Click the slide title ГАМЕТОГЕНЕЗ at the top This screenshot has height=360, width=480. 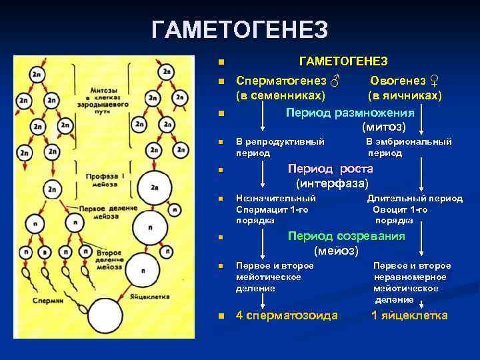239,30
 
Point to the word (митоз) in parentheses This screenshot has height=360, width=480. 384,126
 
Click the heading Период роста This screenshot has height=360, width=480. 330,169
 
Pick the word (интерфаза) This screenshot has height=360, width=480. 332,183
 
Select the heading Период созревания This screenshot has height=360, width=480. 345,236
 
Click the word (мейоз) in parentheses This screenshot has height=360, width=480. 336,251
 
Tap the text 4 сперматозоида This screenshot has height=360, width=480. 287,315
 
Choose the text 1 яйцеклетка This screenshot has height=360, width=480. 409,315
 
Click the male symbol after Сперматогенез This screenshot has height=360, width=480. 335,81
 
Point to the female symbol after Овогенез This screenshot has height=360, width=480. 434,81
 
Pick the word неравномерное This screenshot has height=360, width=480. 409,277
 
